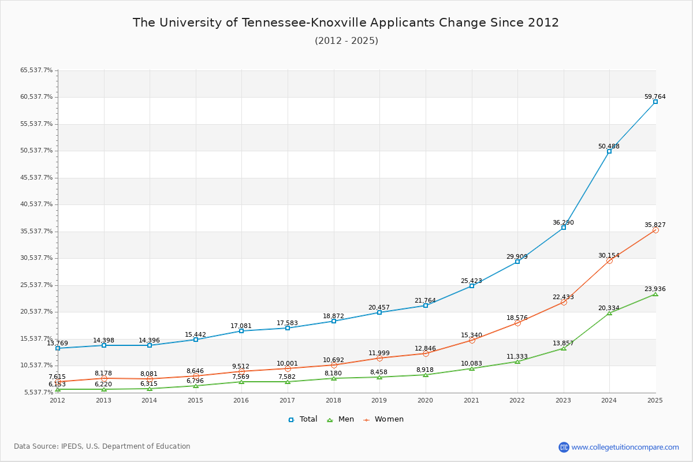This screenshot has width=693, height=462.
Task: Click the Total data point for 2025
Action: coord(655,102)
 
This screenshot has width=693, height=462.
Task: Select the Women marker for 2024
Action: coord(609,260)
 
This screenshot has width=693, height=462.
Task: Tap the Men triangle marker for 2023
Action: coord(564,348)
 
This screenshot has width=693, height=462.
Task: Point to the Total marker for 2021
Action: coord(472,286)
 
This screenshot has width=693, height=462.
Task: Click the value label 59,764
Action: coord(655,97)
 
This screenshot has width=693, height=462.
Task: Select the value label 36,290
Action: coord(563,223)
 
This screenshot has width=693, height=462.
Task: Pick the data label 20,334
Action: coord(609,308)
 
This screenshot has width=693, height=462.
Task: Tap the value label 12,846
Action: coord(425,348)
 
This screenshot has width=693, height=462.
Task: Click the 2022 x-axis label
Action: coord(517,400)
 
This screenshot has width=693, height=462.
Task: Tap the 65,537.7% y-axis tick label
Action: coord(36,70)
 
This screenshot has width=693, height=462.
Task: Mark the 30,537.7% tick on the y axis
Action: coord(36,258)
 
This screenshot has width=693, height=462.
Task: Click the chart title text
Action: coord(346,23)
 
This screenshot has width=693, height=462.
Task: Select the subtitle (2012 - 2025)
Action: coord(346,41)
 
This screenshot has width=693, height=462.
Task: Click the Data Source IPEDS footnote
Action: coord(102,446)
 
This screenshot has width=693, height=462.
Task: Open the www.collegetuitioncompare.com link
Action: coord(625,447)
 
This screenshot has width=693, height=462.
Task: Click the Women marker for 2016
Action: coord(241,371)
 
